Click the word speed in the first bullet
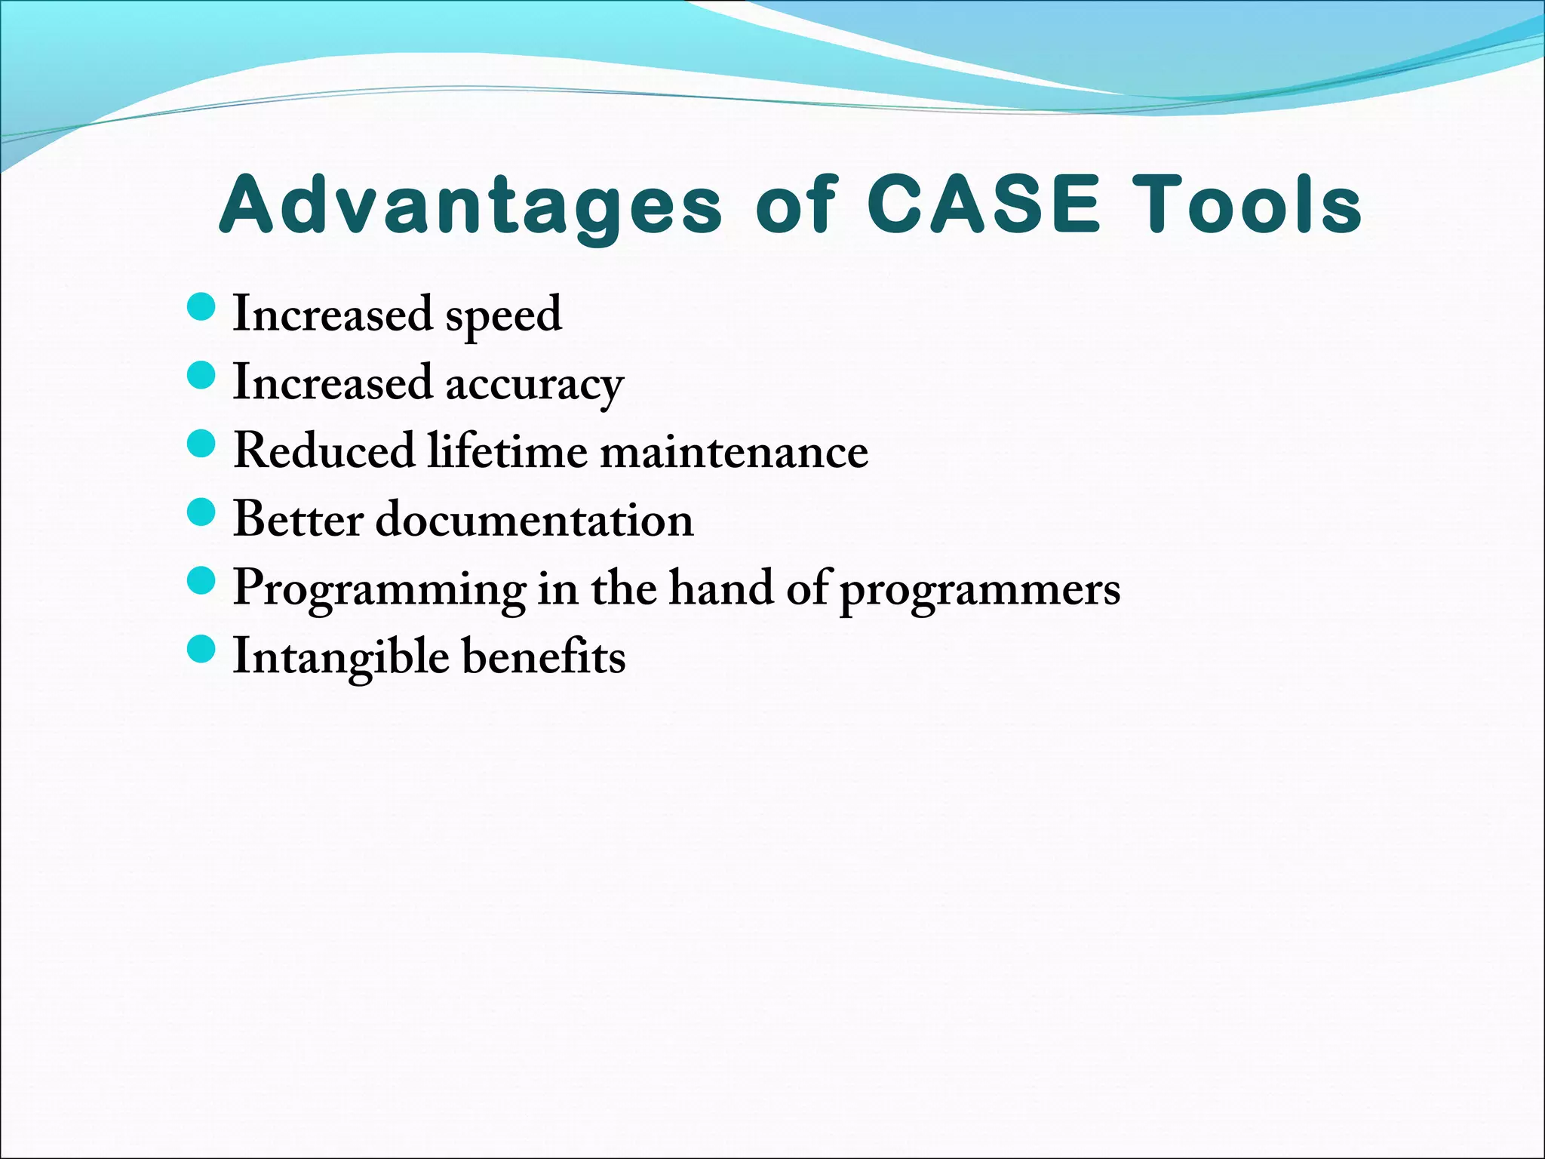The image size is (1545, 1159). (x=503, y=315)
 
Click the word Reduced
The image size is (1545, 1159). (x=324, y=450)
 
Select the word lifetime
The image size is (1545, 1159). (x=508, y=450)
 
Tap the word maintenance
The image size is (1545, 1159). (x=734, y=452)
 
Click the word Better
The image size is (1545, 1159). (x=299, y=519)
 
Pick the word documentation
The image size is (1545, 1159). (x=534, y=519)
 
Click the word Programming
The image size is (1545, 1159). (x=379, y=589)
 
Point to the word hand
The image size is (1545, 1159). (x=720, y=588)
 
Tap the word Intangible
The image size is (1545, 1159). (x=341, y=657)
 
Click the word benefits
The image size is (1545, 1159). (x=543, y=656)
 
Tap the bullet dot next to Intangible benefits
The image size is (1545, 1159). (x=201, y=649)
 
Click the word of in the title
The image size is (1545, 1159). (x=795, y=204)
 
